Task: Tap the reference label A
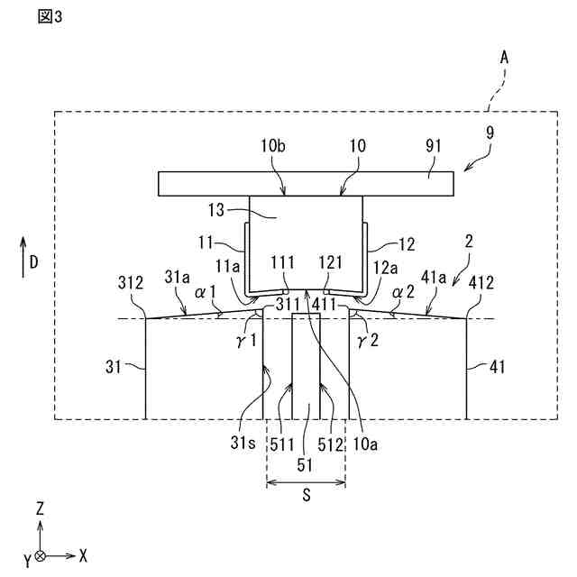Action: point(505,57)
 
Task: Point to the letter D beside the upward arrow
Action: point(32,262)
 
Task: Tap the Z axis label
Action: point(40,508)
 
